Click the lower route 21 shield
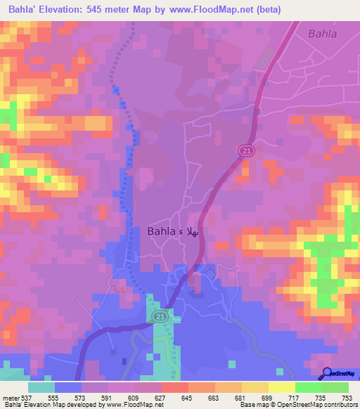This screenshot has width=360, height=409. coord(159,318)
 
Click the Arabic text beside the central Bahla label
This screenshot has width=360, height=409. coord(190,231)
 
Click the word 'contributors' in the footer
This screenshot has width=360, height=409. coord(339,405)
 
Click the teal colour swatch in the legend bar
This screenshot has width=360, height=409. coord(42,387)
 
